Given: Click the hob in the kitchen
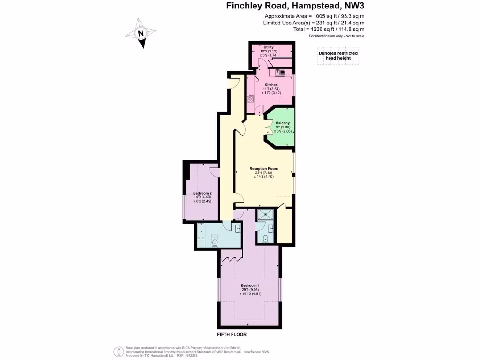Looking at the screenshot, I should pos(250,98).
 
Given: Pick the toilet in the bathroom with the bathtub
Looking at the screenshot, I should pos(215,242).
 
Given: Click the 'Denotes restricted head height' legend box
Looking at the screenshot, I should pos(338,56).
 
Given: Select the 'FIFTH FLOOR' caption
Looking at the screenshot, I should pos(232,335).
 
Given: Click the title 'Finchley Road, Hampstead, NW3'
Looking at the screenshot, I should pos(295,6).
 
